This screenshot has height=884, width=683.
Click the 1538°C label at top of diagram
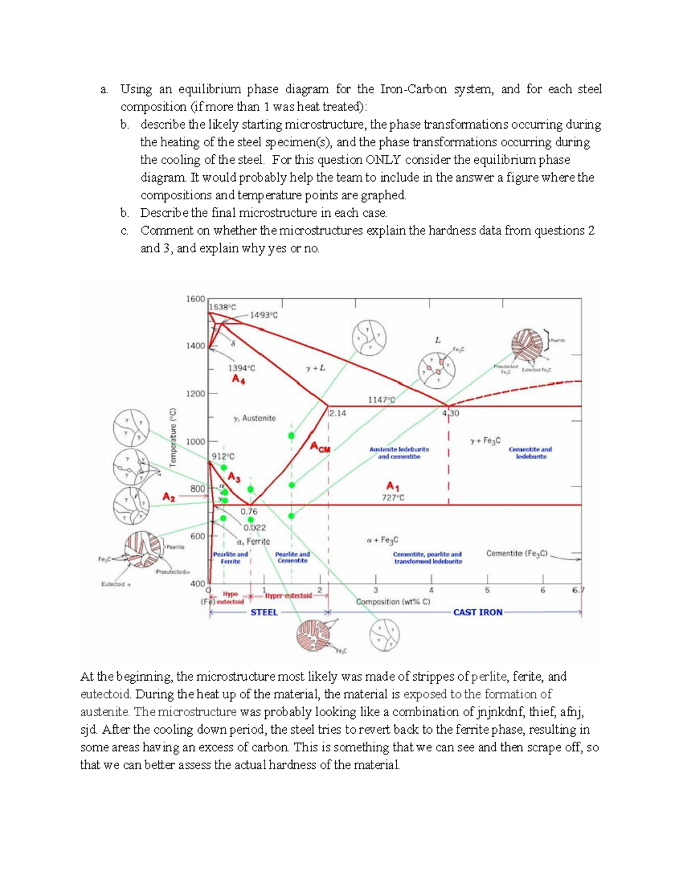[x=222, y=307]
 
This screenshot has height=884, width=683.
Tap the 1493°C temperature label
[x=264, y=315]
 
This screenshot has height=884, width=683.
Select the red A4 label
[x=238, y=379]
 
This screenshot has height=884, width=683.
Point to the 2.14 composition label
[x=337, y=413]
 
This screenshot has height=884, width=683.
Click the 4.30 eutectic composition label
[x=450, y=413]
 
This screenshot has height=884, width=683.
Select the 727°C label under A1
[x=393, y=497]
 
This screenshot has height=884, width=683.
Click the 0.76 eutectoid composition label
[x=249, y=512]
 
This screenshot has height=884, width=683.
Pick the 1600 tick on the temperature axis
[x=195, y=299]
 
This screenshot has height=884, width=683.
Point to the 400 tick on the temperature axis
[x=197, y=583]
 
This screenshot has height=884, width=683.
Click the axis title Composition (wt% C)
[x=393, y=602]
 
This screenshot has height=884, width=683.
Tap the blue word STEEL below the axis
[x=264, y=612]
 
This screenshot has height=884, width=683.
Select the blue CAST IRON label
[x=478, y=612]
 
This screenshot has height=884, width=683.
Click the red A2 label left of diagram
[x=168, y=496]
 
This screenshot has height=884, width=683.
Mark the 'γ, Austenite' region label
[x=254, y=418]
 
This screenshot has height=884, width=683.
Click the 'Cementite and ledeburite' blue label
[x=530, y=453]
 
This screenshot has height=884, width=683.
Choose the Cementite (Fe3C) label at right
[x=517, y=553]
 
